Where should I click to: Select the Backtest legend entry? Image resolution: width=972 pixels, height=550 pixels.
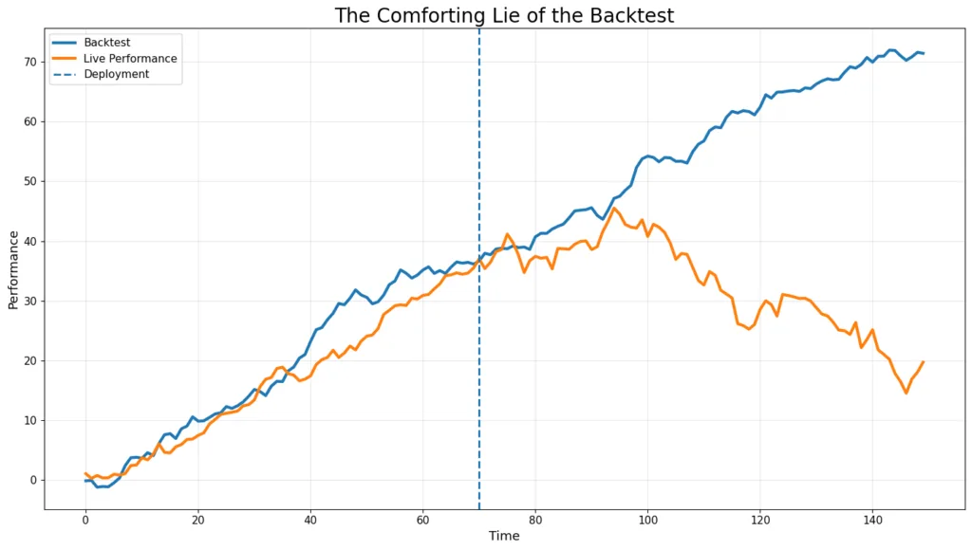coord(105,43)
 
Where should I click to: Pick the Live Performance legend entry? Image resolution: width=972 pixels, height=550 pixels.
coord(129,59)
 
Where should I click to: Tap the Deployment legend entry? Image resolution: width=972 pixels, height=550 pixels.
coord(116,74)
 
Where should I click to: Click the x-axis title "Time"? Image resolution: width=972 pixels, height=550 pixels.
coord(504,536)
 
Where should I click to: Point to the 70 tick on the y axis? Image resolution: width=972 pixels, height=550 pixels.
coord(30,62)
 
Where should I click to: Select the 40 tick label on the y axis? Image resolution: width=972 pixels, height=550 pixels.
coord(30,241)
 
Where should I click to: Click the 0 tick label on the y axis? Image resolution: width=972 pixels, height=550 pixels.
coord(34,480)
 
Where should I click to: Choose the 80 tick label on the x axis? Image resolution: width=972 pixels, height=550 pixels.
coord(535,519)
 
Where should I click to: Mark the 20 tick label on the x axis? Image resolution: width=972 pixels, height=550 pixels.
coord(197,519)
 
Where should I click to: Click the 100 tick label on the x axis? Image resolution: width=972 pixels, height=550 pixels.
coord(647,519)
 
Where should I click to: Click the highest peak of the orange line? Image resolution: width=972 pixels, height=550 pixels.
coord(614,209)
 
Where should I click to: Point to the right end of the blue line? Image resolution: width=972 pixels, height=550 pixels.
coord(923,53)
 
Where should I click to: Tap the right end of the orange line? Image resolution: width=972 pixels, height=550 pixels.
coord(923,361)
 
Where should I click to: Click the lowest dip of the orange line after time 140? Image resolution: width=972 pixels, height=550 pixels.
coord(906,393)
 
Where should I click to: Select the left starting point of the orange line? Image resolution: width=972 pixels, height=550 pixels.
coord(85,473)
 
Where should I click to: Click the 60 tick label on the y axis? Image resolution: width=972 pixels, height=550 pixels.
coord(30,121)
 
